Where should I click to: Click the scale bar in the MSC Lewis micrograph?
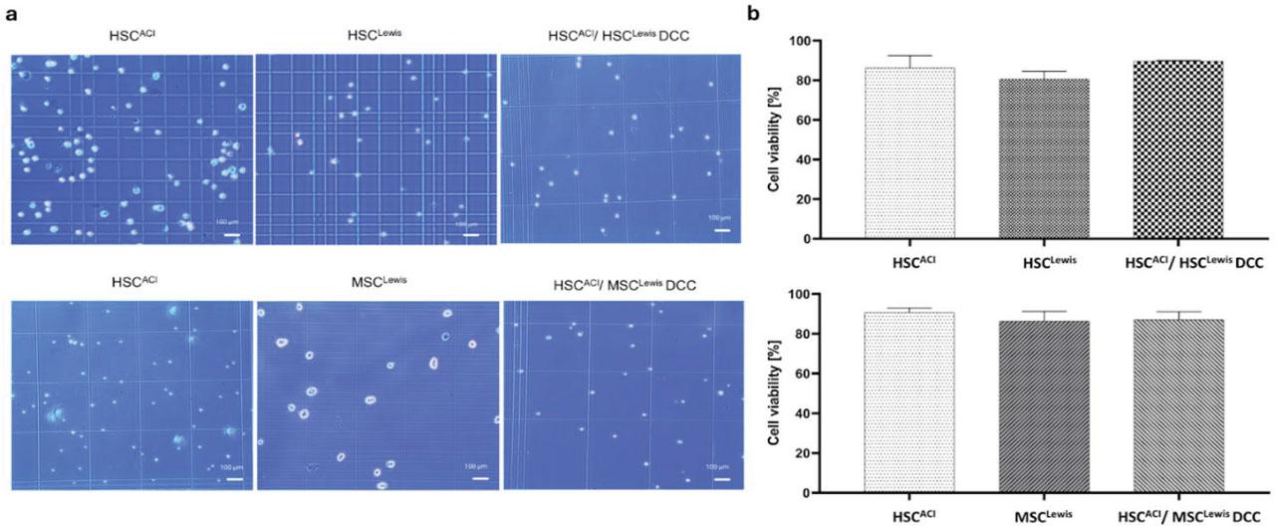[480, 477]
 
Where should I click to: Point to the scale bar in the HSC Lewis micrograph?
[472, 235]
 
